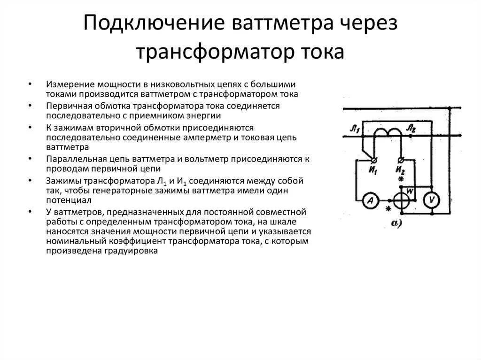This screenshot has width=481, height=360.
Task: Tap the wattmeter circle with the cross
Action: (402, 201)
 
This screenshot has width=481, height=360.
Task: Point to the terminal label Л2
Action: (411, 128)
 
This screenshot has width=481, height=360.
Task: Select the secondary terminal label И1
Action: (374, 170)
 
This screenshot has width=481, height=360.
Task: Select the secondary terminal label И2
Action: (400, 170)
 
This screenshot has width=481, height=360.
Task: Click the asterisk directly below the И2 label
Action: (401, 180)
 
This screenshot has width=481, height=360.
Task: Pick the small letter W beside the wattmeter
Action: (409, 191)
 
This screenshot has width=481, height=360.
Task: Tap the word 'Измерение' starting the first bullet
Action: (70, 84)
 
